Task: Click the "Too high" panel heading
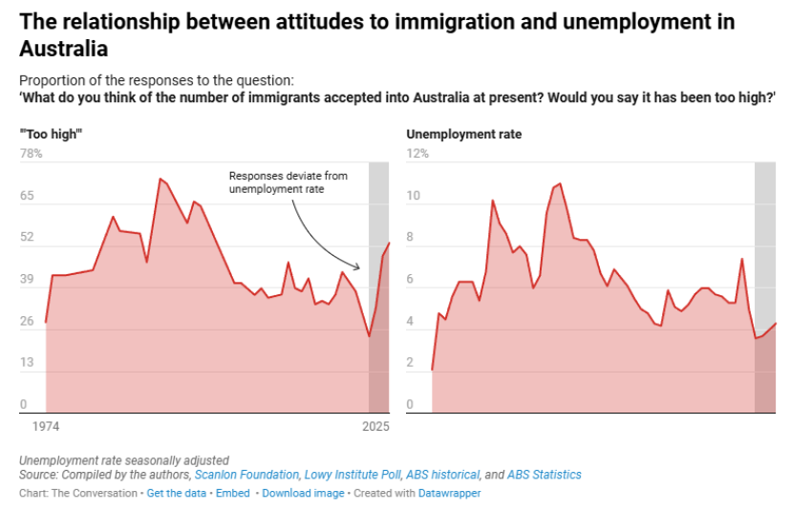click(52, 135)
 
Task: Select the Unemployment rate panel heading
click(464, 135)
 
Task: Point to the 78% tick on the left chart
click(31, 154)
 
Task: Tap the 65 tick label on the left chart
click(27, 196)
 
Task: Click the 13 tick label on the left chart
click(27, 363)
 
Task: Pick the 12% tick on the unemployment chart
click(417, 154)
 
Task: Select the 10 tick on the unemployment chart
click(414, 196)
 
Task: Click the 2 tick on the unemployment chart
click(411, 363)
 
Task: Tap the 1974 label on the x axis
click(47, 427)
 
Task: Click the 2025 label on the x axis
click(374, 427)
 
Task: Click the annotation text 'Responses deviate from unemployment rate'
click(288, 183)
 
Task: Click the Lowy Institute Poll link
click(353, 475)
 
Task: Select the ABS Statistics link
click(544, 475)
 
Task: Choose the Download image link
click(303, 494)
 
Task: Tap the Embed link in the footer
click(232, 494)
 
